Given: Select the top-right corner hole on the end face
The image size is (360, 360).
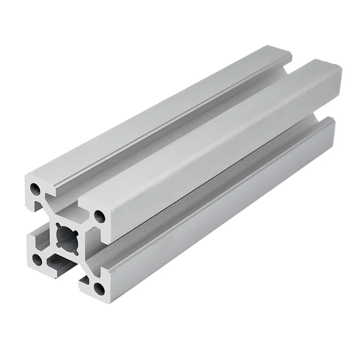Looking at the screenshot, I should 99,216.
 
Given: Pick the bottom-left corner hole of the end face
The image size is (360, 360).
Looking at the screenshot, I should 36,260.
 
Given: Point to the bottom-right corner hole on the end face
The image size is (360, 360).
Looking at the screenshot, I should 98,288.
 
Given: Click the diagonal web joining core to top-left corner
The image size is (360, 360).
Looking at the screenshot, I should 50,211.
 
